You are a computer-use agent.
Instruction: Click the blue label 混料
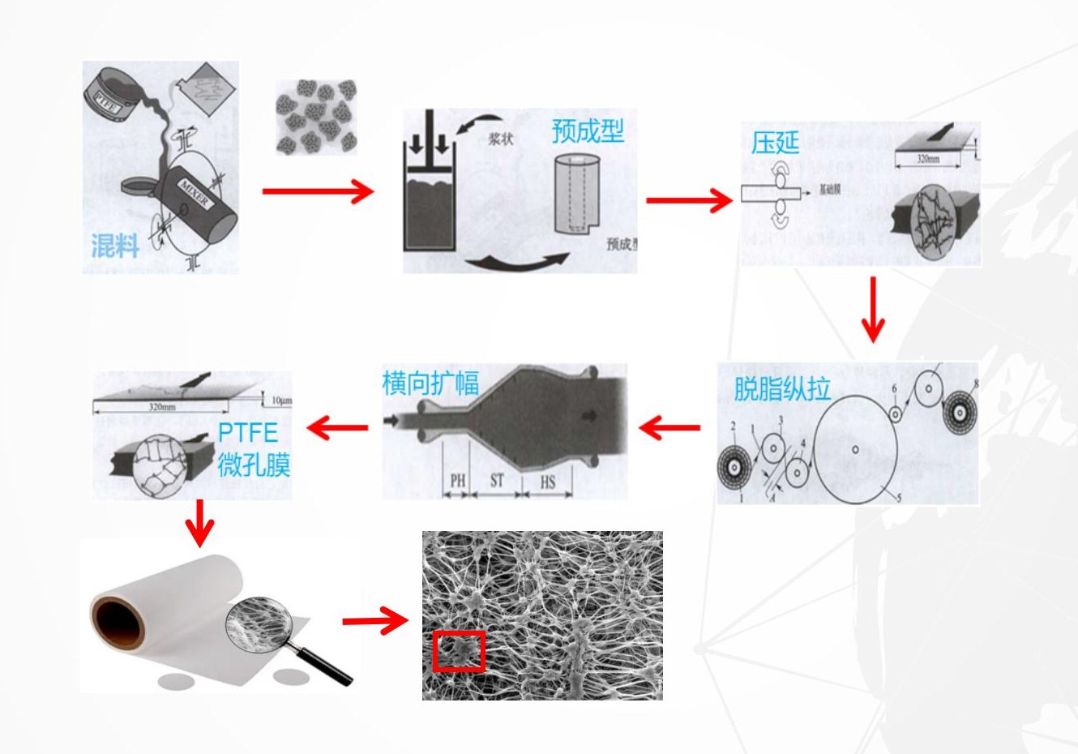tap(115, 245)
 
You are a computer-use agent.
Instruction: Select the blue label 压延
tap(775, 143)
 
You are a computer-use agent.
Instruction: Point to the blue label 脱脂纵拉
tap(782, 388)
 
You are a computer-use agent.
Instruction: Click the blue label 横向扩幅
tap(430, 383)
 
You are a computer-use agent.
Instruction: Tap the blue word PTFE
tap(247, 431)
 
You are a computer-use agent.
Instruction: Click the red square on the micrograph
tap(459, 651)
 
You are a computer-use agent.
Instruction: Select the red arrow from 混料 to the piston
tap(317, 192)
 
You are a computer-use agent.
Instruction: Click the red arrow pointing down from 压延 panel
tap(873, 310)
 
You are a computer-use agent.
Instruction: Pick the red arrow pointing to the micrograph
tap(374, 622)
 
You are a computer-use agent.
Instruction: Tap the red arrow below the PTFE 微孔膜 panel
tap(199, 523)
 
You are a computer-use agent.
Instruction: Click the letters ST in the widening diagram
tap(496, 481)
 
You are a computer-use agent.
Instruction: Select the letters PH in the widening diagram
tap(458, 482)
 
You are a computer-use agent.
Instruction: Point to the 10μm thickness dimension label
tap(281, 400)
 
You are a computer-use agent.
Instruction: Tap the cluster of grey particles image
tap(316, 117)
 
